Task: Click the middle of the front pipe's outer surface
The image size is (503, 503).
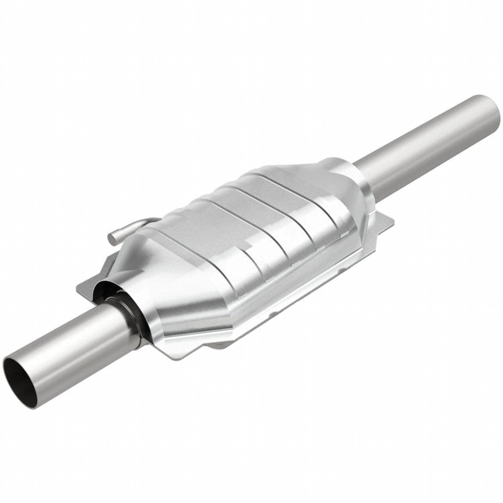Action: point(74,344)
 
